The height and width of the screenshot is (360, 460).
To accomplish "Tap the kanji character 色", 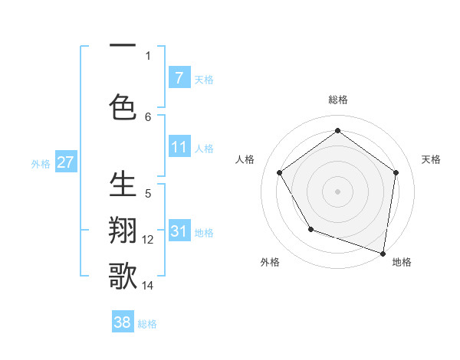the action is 123,106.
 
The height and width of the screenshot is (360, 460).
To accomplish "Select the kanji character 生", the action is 123,185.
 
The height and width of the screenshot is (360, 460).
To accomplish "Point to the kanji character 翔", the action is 123,231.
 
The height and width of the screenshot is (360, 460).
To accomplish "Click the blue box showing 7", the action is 179,77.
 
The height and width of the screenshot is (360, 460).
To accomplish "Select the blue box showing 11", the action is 179,146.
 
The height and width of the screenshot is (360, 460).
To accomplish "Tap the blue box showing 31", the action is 179,231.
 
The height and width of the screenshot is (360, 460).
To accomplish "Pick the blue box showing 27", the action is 65,162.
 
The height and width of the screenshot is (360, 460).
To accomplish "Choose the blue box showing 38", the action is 123,322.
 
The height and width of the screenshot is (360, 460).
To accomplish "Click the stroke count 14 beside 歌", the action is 148,286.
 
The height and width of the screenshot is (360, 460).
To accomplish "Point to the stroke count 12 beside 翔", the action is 148,240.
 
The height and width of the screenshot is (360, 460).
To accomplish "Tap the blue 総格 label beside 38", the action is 147,324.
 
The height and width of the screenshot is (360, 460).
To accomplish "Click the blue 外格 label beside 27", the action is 41,163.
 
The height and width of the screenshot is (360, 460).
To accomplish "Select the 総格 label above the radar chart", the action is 338,100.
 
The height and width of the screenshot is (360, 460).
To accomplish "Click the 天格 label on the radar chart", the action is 432,159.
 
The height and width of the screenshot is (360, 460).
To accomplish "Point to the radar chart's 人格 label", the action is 245,159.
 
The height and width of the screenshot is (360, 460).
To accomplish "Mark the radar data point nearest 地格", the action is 383,252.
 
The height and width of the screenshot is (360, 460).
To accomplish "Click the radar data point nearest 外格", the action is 310,228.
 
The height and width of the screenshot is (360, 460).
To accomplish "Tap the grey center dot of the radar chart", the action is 338,191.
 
